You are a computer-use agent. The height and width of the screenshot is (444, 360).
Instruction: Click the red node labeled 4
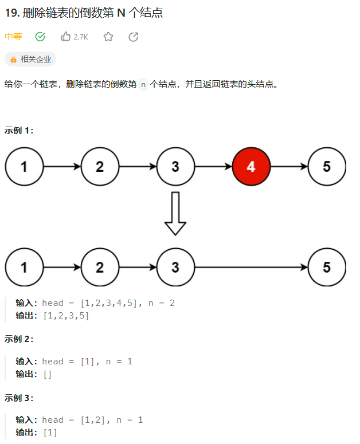point(251,167)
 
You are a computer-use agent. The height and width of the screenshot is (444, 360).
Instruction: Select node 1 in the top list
point(24,167)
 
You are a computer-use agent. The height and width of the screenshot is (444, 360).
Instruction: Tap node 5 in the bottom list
point(327,267)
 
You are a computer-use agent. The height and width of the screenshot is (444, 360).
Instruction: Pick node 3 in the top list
point(175,167)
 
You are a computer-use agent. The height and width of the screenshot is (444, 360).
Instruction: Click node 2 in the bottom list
point(100,267)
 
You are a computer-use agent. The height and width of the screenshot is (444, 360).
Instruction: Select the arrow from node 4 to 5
point(289,167)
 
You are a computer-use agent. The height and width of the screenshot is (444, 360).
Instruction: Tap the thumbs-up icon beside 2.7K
point(66,37)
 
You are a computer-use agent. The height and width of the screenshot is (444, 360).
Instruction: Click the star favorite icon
point(108,37)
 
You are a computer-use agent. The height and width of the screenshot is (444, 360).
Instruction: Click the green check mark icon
point(40,37)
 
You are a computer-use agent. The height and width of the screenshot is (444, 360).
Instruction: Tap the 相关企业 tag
point(30,59)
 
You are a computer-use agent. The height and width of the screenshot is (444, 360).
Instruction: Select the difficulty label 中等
point(13,37)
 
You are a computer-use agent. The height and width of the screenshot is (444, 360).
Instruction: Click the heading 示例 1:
point(19,130)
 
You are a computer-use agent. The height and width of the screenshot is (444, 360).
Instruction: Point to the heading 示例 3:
point(19,398)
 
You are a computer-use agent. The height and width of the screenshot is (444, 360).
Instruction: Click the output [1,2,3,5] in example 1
point(66,316)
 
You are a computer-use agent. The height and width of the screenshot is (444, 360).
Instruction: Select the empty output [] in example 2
point(48,374)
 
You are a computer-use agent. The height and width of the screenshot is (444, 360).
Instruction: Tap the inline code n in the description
point(143,84)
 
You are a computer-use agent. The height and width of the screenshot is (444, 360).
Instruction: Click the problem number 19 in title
point(11,13)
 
